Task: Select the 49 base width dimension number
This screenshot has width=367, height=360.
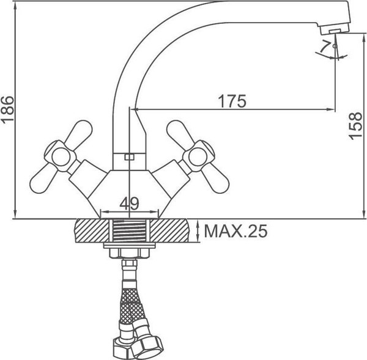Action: coord(128,202)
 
